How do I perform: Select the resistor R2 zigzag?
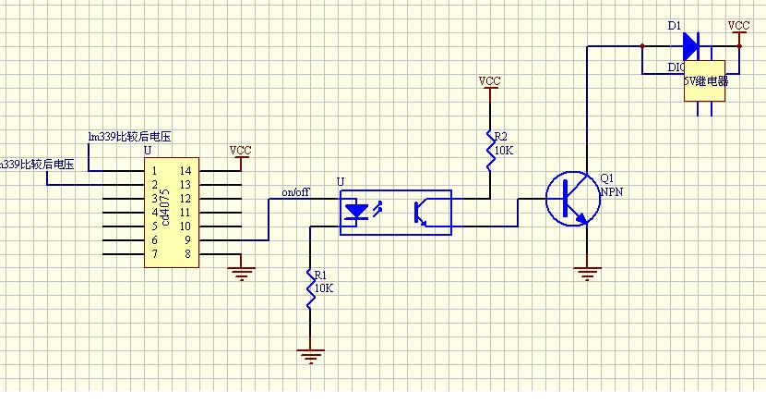[x=490, y=148]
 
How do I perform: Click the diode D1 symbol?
[x=689, y=44]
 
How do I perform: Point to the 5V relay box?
[x=705, y=80]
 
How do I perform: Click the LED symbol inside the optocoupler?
[x=355, y=212]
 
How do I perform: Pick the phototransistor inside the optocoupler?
[x=421, y=212]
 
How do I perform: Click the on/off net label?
[x=295, y=192]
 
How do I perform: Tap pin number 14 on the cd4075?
[x=185, y=171]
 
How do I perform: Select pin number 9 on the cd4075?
[x=185, y=240]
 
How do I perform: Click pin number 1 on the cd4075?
[x=154, y=171]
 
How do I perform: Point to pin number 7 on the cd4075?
[x=154, y=254]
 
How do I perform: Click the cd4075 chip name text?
[x=165, y=208]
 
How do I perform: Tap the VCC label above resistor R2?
[x=489, y=81]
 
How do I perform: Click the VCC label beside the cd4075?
[x=240, y=151]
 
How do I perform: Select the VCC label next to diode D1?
[x=738, y=26]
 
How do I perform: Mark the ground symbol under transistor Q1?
[x=587, y=271]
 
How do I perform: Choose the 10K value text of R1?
[x=323, y=288]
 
